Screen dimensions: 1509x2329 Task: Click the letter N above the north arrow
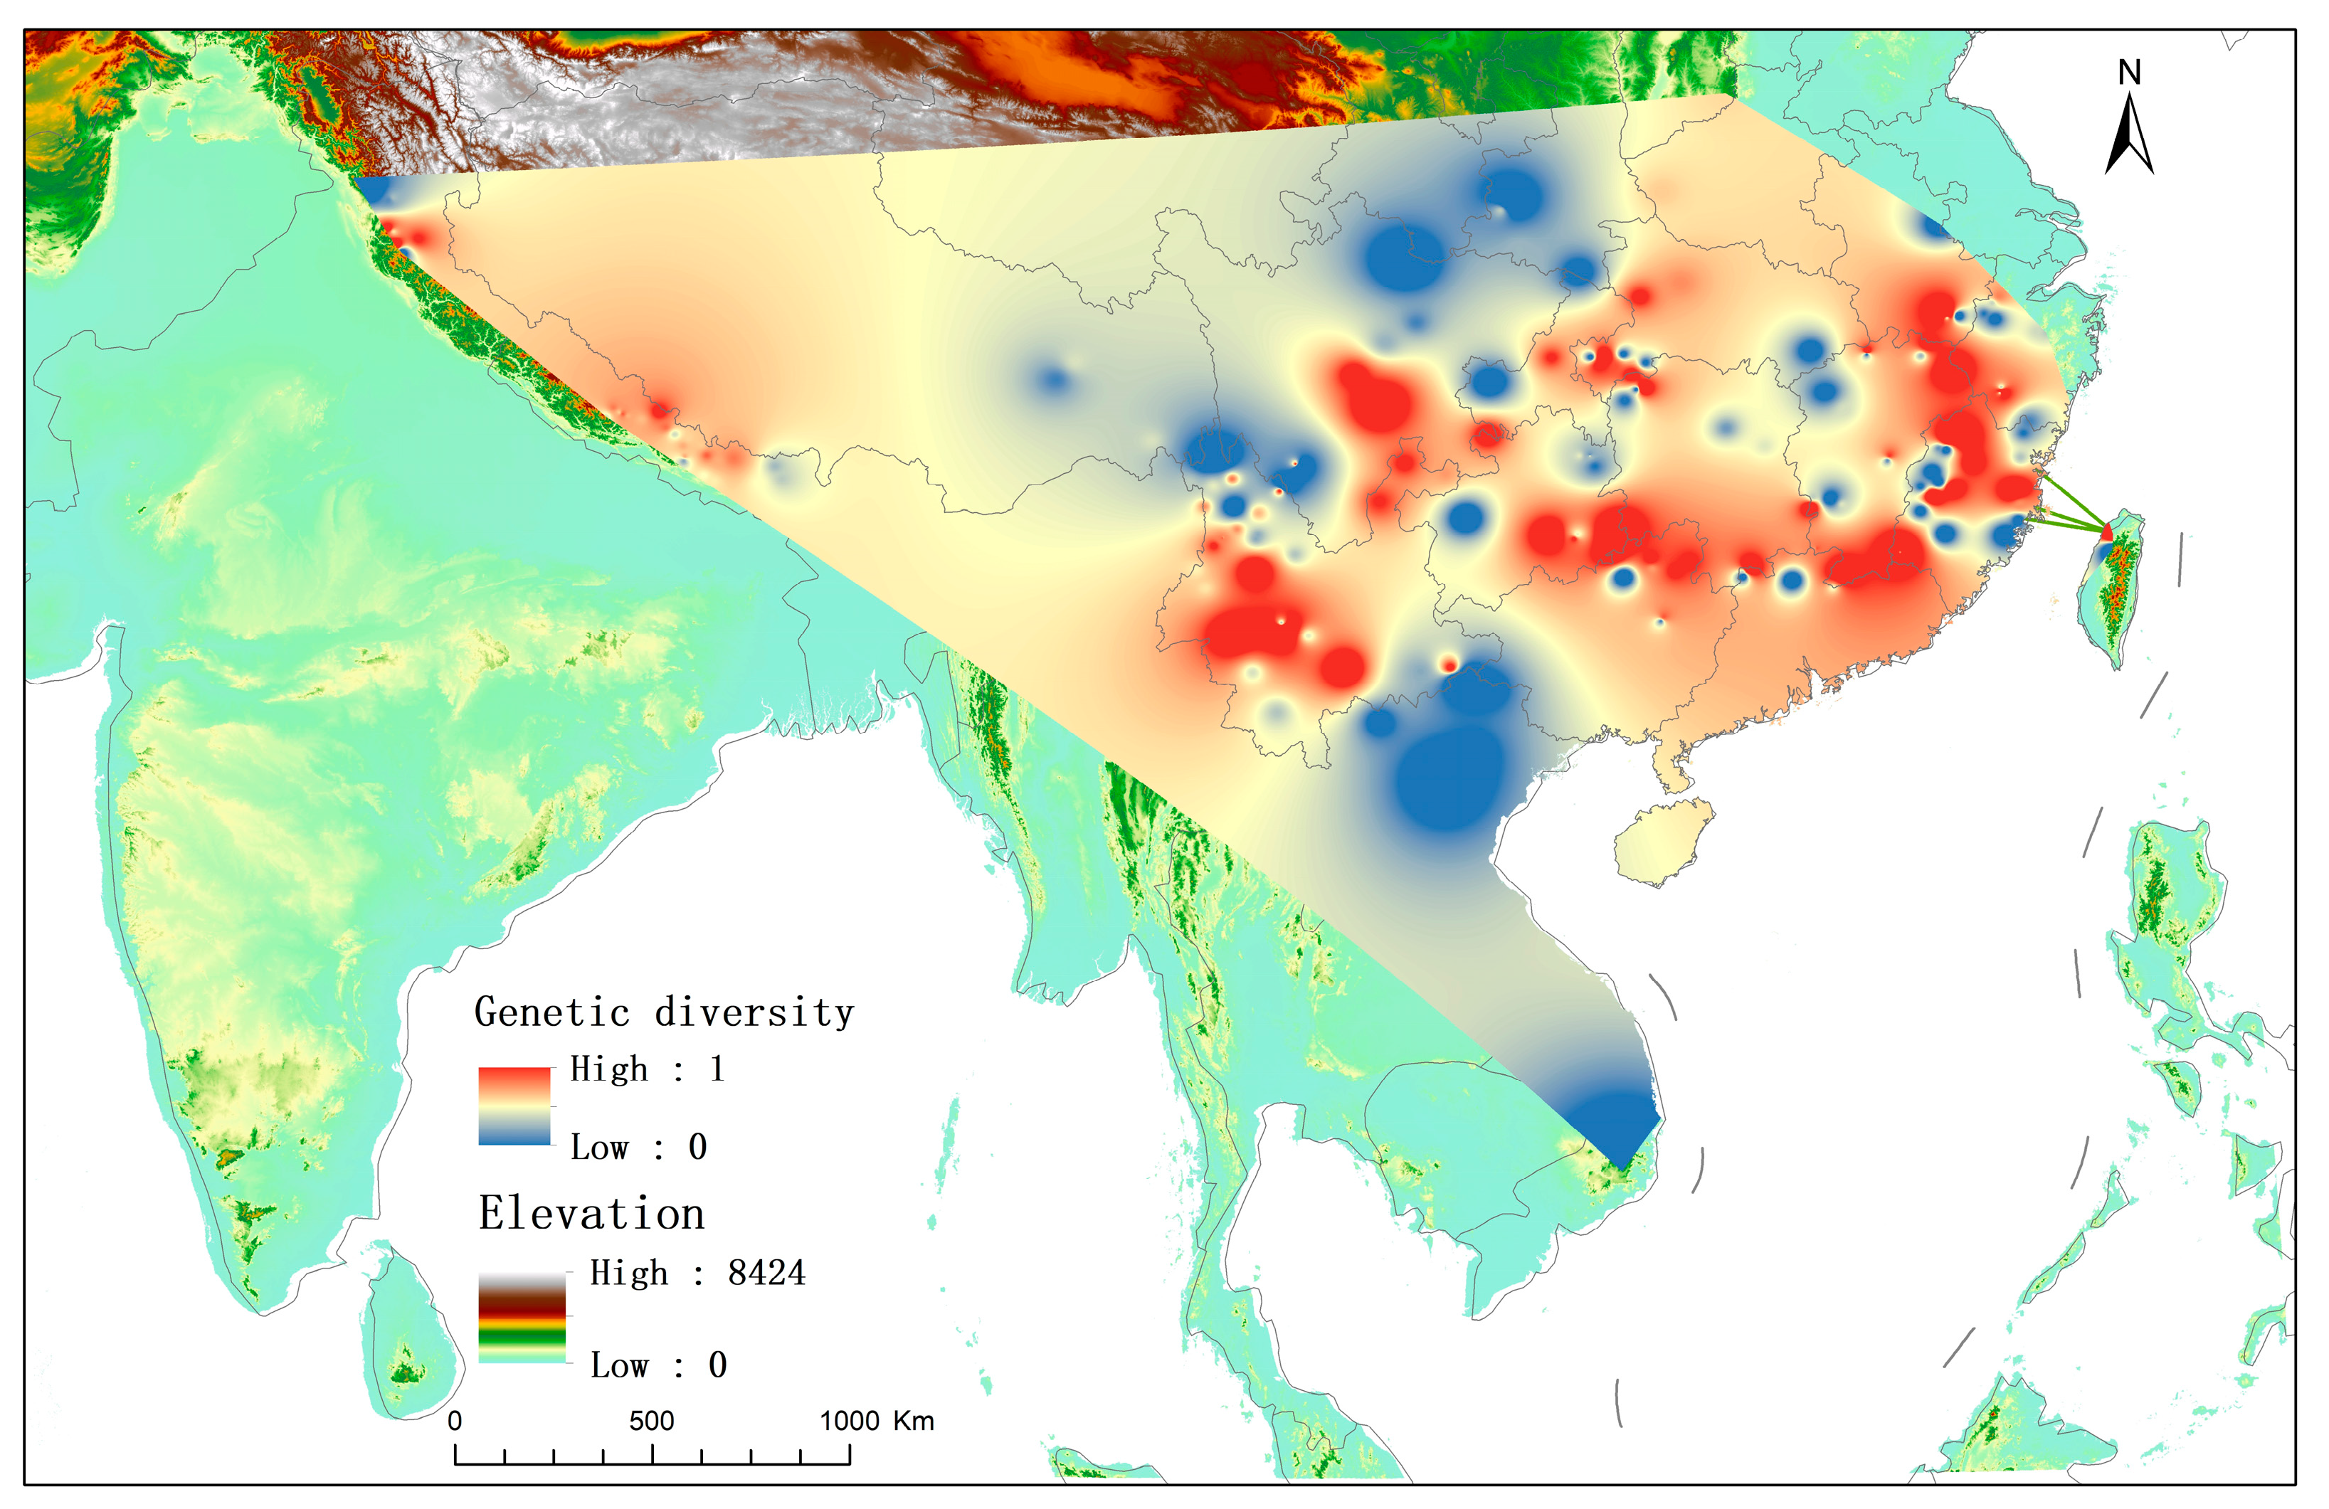2128,73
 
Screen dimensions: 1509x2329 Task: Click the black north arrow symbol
2128,138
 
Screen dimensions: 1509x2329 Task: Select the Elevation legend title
591,1214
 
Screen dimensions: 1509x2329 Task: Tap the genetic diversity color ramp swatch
514,1105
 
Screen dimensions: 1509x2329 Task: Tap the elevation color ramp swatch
522,1317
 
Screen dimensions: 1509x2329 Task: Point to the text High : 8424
697,1274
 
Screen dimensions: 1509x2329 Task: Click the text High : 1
647,1069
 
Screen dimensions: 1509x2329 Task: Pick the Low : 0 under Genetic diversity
638,1147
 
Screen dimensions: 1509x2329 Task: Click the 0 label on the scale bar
455,1421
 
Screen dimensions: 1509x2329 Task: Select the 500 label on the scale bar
651,1421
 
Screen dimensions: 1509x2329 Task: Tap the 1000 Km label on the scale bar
876,1421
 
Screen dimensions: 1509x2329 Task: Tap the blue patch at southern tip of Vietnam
1615,1126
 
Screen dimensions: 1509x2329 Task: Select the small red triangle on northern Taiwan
2106,531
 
